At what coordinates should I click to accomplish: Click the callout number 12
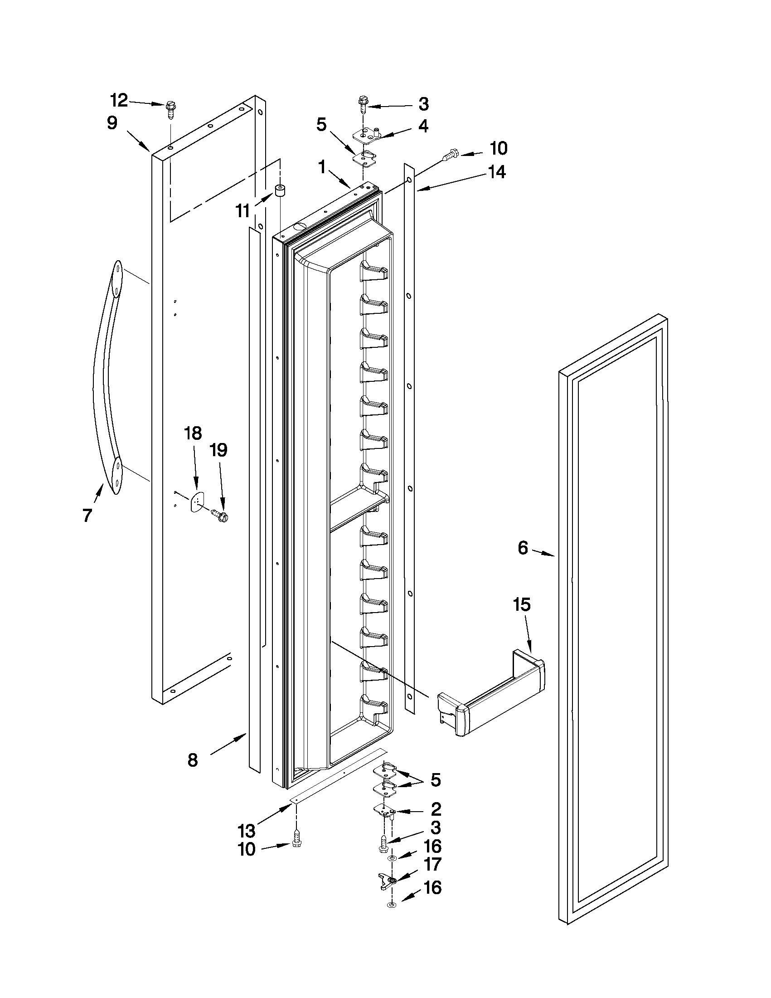[x=120, y=100]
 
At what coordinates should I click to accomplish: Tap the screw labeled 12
[x=170, y=110]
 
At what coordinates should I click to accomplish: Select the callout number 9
[x=112, y=123]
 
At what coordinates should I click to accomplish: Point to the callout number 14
[x=497, y=172]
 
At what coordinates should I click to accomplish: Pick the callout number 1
[x=322, y=168]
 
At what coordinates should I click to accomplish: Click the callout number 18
[x=193, y=433]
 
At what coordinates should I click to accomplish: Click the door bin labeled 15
[x=491, y=695]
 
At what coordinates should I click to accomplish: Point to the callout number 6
[x=523, y=547]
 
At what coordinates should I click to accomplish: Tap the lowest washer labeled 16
[x=392, y=903]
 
